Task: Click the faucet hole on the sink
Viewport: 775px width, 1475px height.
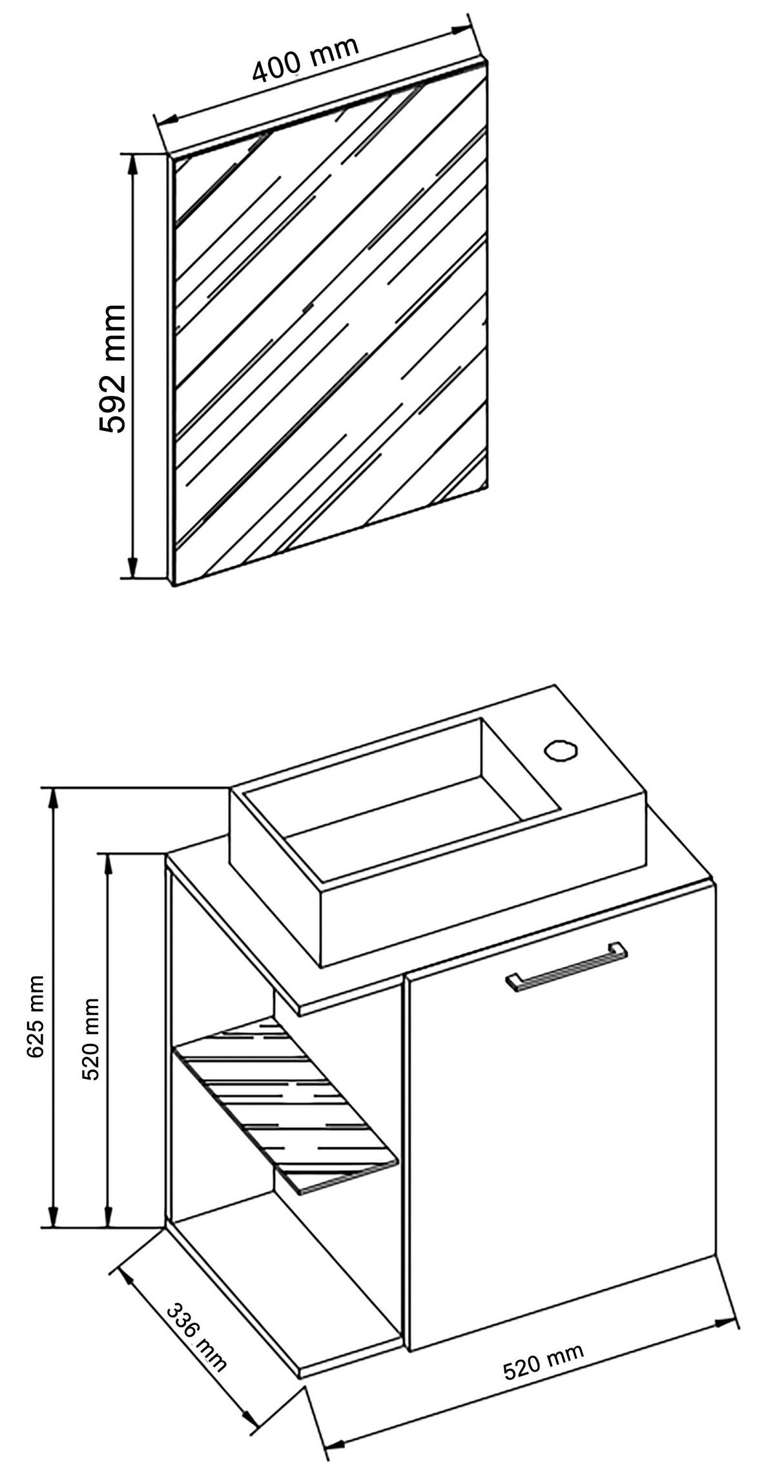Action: pos(560,751)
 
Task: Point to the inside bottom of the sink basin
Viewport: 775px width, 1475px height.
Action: pos(420,817)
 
